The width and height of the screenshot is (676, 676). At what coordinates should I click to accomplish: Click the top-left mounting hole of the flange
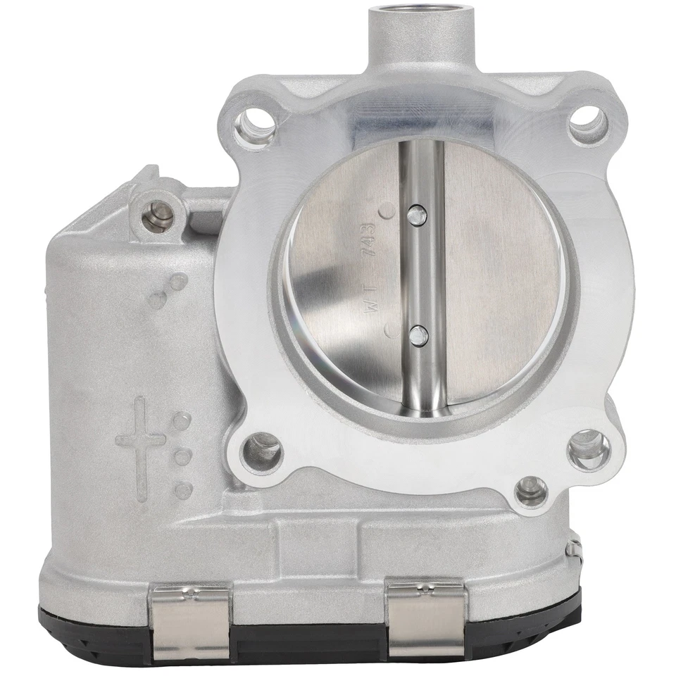coord(254,127)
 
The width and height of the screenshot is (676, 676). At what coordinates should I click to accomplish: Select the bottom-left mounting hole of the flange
coord(261,451)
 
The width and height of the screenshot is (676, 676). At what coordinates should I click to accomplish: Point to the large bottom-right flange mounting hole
coord(589,450)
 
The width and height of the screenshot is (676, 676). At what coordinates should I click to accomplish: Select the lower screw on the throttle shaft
coord(417,336)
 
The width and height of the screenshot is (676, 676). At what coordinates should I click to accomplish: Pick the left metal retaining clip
coord(192,620)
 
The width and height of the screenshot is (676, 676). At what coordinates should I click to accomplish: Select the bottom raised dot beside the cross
coord(183,489)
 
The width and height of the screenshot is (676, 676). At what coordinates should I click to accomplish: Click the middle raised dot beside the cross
coord(182,456)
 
